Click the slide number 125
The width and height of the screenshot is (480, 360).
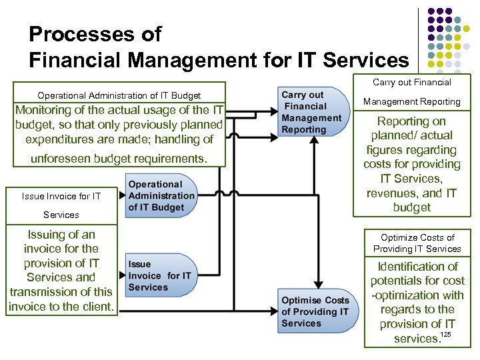point(446,333)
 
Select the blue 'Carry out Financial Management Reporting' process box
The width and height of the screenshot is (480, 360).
point(311,112)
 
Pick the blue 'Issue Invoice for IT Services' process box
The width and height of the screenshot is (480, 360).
point(160,276)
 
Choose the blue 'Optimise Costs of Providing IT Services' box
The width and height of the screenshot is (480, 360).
point(315,311)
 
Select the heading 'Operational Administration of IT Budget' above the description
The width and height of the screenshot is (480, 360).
point(119,96)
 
